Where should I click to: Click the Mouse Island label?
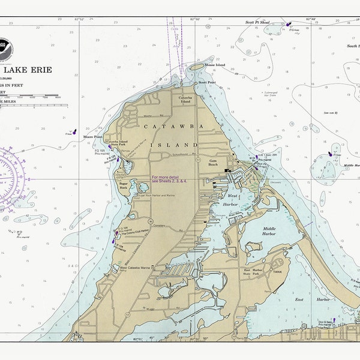pos(214,65)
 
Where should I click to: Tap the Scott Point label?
pos(206,82)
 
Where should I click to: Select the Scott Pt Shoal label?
pos(258,22)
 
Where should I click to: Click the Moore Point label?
pos(92,137)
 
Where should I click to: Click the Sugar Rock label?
pos(124,187)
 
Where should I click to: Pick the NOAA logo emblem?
pos(4,46)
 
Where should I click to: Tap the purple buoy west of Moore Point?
pos(73,131)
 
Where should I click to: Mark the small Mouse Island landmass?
pos(197,68)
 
